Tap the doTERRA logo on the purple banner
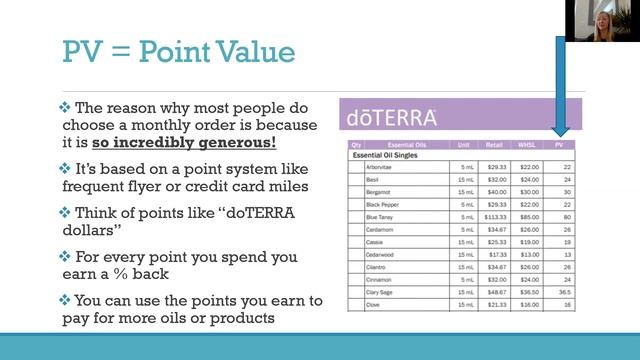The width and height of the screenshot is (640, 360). point(392,118)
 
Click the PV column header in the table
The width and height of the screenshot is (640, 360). point(565,145)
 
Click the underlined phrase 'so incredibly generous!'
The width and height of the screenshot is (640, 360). point(196,142)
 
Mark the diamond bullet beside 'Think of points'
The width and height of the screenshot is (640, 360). point(64,213)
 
